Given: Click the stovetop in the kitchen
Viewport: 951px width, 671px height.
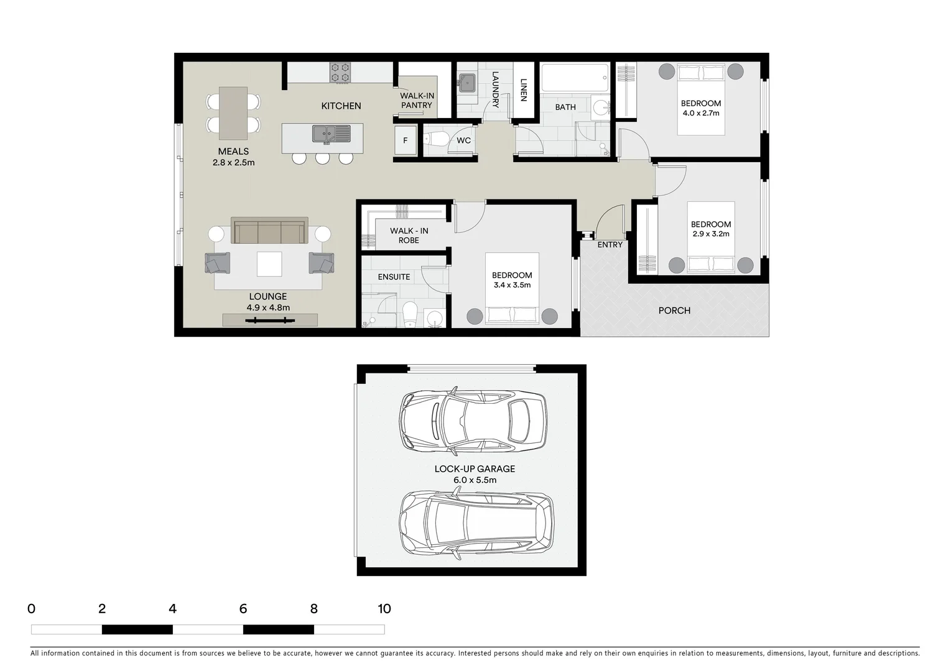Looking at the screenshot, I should coord(340,73).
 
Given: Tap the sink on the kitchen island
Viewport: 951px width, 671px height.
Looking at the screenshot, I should coord(331,133).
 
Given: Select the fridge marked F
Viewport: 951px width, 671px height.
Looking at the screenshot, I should coord(405,140).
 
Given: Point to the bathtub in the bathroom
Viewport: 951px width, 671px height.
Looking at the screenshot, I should coord(575,78).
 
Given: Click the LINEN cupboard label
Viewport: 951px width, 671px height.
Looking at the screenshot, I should coord(523,90).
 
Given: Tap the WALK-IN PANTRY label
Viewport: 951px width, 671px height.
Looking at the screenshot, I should coord(417,101).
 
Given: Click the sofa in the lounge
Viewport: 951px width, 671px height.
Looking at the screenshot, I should coord(269,231).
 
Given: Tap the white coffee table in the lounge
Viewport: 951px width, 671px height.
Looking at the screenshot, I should coord(269,263).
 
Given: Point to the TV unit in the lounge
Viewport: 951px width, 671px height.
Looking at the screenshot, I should coord(270,321).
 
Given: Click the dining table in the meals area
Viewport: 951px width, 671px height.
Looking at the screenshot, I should coord(233,113).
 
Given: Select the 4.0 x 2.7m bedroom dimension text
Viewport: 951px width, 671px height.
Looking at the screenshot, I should coord(700,113).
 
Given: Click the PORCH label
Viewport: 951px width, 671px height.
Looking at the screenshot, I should coord(674,311).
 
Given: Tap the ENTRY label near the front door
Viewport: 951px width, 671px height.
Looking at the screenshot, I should coord(610,245).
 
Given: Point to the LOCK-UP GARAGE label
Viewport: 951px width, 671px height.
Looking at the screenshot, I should coord(475,469).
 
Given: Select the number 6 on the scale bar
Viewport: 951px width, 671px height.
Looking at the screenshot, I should coord(243,609).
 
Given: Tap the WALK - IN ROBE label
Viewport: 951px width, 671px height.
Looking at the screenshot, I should coord(409,235).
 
